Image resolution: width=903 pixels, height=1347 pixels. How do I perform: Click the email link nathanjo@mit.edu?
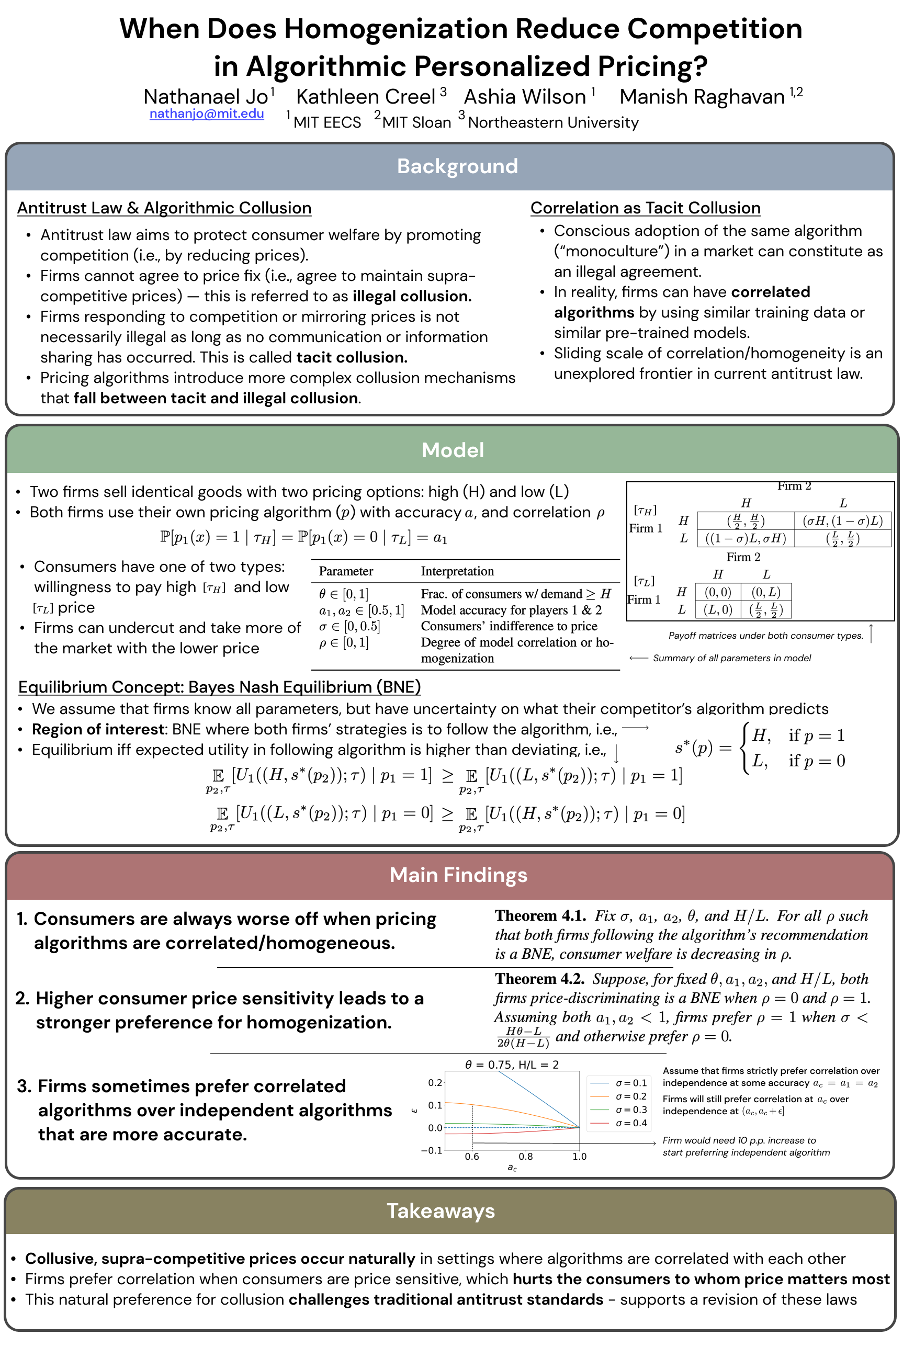click(x=206, y=114)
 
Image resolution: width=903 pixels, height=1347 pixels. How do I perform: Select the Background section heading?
click(x=457, y=166)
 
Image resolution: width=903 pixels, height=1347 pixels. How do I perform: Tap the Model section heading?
click(x=453, y=450)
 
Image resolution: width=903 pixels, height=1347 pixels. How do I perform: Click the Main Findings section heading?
click(x=458, y=875)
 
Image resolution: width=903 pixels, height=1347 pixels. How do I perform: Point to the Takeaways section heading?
click(x=441, y=1210)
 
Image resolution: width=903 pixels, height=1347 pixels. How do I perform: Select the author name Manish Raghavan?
click(x=702, y=97)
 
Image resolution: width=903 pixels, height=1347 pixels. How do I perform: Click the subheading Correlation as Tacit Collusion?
click(x=645, y=208)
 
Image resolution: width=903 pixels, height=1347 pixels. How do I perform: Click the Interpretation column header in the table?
click(x=457, y=571)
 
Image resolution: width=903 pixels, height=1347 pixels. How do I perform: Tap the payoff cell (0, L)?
click(x=766, y=592)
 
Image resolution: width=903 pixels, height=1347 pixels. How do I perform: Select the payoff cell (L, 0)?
click(x=718, y=609)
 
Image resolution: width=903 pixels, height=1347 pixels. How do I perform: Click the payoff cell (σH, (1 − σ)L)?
click(x=842, y=521)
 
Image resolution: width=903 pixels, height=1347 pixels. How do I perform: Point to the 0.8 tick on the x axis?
click(x=525, y=1157)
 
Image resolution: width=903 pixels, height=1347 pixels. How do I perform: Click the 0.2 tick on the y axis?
click(x=435, y=1083)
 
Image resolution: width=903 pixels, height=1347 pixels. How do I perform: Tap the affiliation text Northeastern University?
click(x=553, y=122)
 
